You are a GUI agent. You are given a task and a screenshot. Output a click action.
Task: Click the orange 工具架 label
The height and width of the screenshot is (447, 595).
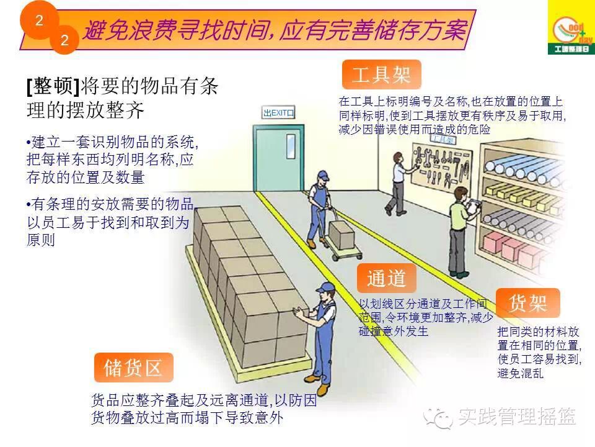(381, 75)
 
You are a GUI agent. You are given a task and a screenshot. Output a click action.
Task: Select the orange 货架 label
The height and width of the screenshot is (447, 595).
(527, 304)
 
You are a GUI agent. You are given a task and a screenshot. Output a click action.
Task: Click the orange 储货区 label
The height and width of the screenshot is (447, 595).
(133, 368)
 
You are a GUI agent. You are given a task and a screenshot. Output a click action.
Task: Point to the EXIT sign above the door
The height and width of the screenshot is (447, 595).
(278, 112)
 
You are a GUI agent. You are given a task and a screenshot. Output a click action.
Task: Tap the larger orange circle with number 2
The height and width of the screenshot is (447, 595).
(38, 21)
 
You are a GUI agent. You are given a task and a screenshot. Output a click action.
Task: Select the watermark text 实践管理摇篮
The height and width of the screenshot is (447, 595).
(517, 417)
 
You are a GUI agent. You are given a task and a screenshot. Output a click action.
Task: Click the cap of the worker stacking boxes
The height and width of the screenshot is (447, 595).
(325, 287)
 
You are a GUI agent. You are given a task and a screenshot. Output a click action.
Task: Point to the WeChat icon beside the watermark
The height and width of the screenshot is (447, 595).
(443, 418)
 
